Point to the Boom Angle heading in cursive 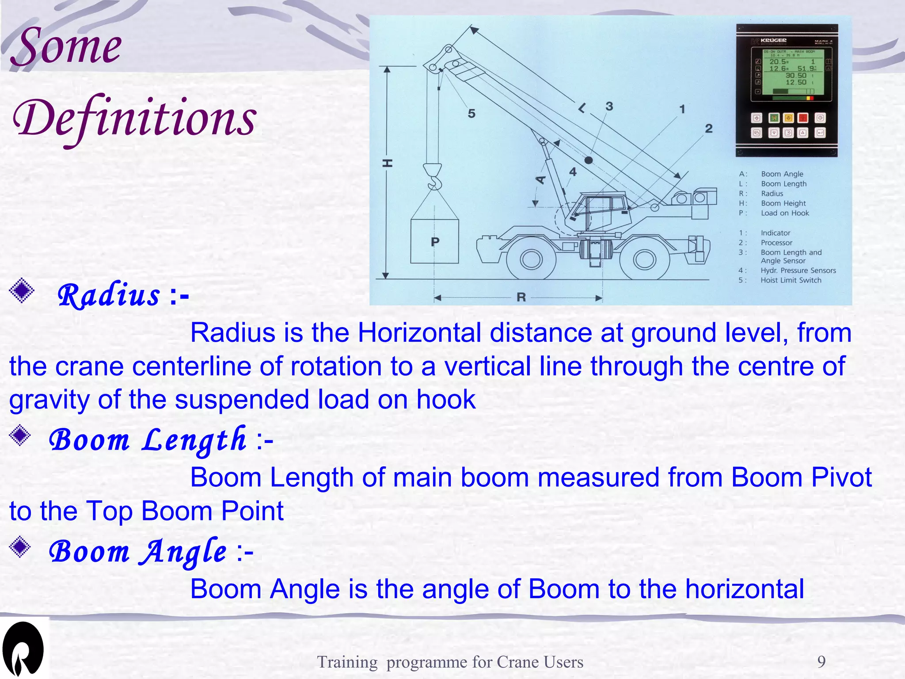[138, 552]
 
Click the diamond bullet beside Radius [22, 291]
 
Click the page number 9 [821, 662]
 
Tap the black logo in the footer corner [23, 649]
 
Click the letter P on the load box [435, 242]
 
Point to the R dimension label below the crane [521, 297]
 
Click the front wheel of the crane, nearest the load [531, 259]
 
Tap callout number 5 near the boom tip [472, 114]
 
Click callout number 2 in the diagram [709, 128]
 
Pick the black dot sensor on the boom [589, 160]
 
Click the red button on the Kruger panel [803, 118]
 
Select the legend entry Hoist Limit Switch [791, 280]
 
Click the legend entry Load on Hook [784, 213]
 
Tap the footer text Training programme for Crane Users [450, 662]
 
